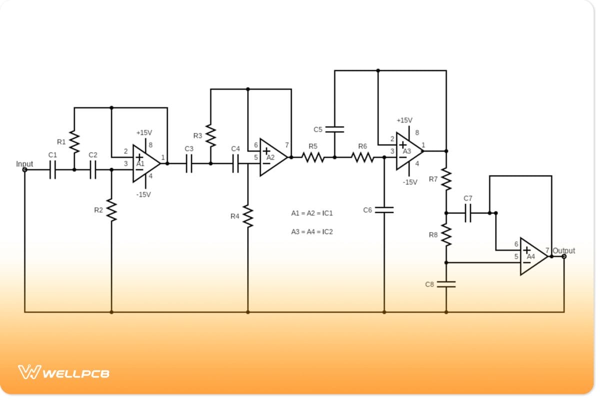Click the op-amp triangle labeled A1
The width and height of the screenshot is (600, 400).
[145, 163]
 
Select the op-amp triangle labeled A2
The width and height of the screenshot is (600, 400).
[272, 157]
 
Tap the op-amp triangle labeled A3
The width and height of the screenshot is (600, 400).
[408, 151]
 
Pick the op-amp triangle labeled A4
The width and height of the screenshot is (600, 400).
[532, 256]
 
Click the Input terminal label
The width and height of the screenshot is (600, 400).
[24, 164]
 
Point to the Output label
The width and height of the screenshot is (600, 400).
[563, 250]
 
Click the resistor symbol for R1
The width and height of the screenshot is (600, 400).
[74, 142]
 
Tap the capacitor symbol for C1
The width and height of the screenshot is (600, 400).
[52, 170]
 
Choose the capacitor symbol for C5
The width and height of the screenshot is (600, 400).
[334, 129]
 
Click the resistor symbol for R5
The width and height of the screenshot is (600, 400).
[313, 157]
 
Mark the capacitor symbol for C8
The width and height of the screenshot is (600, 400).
[446, 284]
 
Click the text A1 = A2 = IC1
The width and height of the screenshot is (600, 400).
[312, 213]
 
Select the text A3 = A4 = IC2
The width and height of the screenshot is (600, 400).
[312, 231]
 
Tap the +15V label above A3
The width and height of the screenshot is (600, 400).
[404, 120]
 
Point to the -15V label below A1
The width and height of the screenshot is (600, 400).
[143, 194]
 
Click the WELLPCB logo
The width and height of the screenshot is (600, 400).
[63, 372]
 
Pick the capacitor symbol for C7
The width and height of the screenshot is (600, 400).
[468, 213]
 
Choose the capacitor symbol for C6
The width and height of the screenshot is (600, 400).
[384, 210]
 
